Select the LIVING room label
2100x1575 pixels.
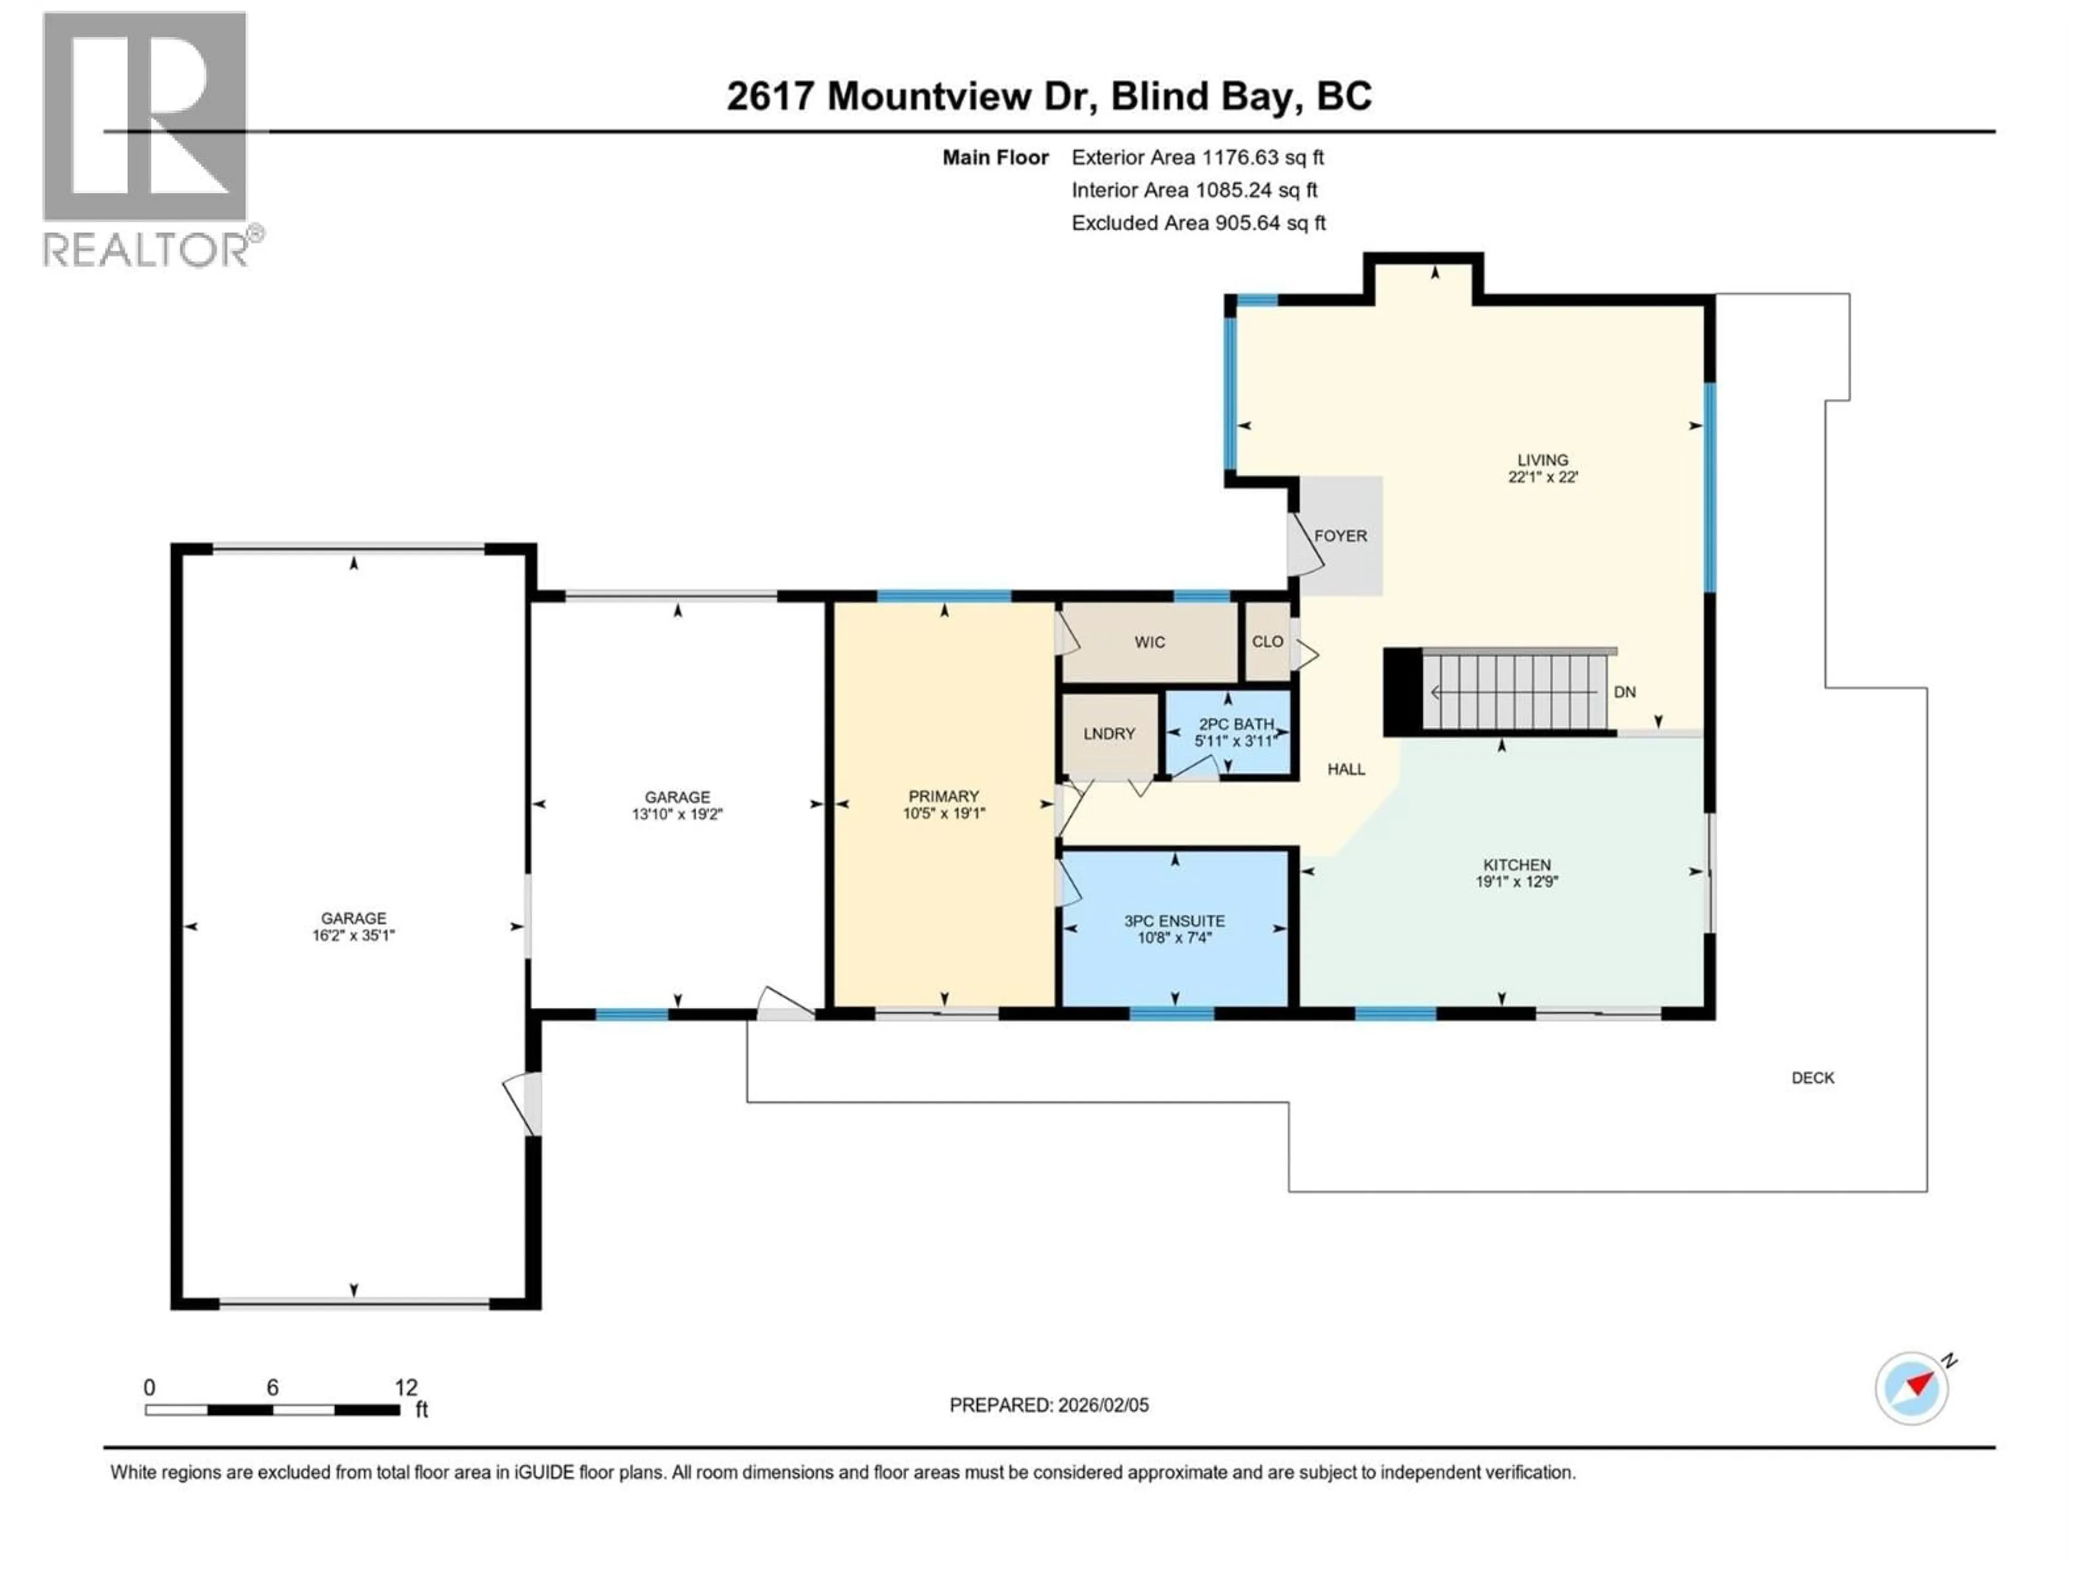coord(1542,459)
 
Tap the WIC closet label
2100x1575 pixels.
coord(1149,643)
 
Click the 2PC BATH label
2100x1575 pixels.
coord(1235,725)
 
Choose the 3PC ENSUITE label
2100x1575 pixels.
coord(1174,921)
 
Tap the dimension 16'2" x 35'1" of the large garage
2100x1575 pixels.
coord(353,935)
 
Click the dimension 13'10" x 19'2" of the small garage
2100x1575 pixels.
coord(677,814)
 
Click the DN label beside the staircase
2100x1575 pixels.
coord(1624,692)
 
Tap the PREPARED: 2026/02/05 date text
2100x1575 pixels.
coord(1048,1405)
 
